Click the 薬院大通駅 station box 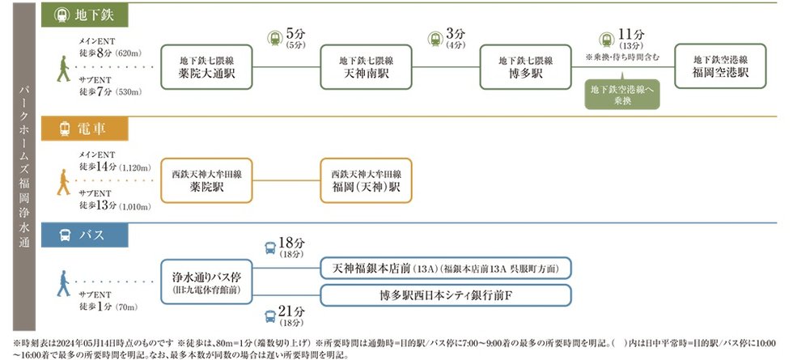tap(206, 66)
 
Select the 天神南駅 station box tap(366, 66)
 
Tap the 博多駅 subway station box tap(525, 66)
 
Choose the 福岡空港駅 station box tap(720, 66)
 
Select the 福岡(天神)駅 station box tap(367, 180)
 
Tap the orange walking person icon tap(64, 181)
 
